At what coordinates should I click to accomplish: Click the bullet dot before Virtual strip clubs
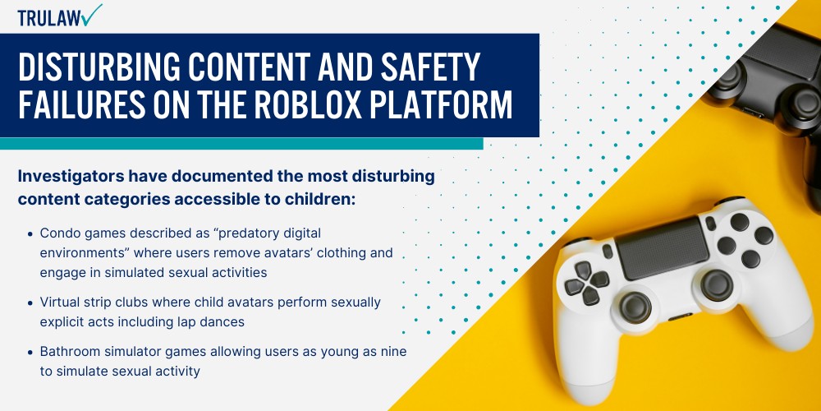(31, 302)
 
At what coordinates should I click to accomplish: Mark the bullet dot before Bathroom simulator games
(31, 352)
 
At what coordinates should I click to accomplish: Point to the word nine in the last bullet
(393, 351)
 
